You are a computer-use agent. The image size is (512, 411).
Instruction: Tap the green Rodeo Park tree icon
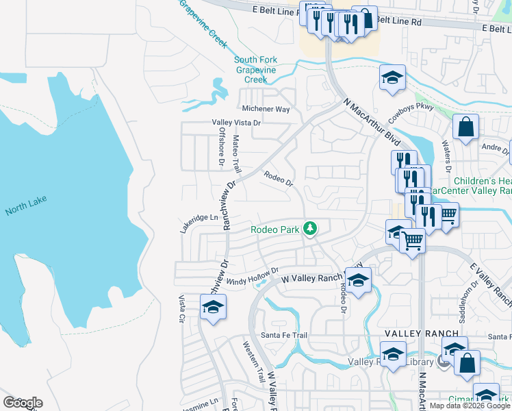pos(311,228)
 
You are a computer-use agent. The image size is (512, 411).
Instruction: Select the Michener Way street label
pos(266,109)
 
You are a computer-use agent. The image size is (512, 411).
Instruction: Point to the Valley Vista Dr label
pos(236,123)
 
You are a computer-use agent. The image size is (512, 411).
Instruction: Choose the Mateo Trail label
pos(236,153)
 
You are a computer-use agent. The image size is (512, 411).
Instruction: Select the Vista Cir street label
pos(182,309)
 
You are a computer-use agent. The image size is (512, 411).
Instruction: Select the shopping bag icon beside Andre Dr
pos(465,127)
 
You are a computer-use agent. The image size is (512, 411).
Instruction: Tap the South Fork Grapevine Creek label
pos(251,69)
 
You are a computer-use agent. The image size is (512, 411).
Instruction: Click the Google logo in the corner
pos(23,403)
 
